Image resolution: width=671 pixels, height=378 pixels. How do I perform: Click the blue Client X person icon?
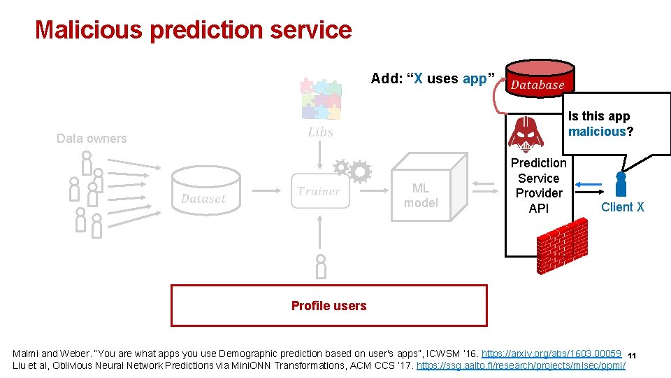point(620,183)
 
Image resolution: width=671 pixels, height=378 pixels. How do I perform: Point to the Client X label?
point(623,206)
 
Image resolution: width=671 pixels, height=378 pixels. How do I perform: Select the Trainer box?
point(319,191)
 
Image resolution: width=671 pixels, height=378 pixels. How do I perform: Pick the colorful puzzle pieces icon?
point(320,98)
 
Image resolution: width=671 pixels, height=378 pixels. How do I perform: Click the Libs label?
point(321,132)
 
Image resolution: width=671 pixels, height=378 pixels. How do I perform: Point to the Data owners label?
point(92,139)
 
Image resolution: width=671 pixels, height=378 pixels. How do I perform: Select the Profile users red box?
point(329,305)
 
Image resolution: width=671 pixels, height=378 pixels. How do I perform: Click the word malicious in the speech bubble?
point(596,131)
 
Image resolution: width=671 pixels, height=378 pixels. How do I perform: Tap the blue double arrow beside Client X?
point(590,185)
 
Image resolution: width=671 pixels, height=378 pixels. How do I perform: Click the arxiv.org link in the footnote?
point(551,353)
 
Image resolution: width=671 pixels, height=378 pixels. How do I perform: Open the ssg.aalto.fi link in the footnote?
point(521,366)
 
